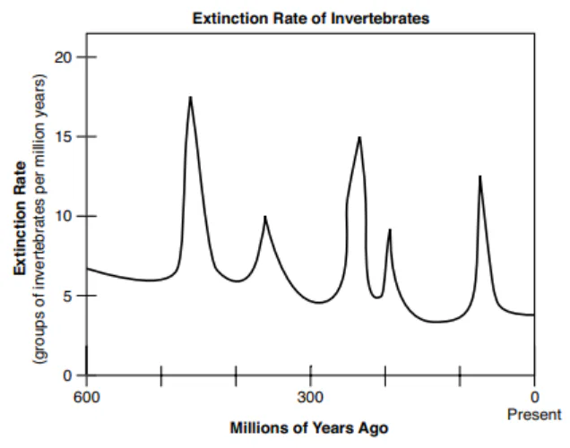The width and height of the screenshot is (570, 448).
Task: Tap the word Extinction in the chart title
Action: click(228, 17)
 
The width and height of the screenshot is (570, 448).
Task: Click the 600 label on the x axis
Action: click(86, 396)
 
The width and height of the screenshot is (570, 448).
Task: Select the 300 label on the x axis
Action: click(311, 396)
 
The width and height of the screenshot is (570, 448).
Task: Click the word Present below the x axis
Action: click(534, 415)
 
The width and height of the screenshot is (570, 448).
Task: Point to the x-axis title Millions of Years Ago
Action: click(310, 428)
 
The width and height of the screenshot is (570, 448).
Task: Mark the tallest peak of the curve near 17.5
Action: click(190, 97)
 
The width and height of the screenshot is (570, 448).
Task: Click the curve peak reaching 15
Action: click(359, 137)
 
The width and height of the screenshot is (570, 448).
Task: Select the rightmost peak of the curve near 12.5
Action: click(479, 177)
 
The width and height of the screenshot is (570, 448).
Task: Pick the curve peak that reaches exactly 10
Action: click(264, 217)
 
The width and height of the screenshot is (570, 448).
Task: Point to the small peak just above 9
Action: click(389, 230)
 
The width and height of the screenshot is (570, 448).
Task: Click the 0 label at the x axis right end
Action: click(535, 396)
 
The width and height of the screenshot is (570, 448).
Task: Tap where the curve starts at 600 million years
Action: click(87, 268)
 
